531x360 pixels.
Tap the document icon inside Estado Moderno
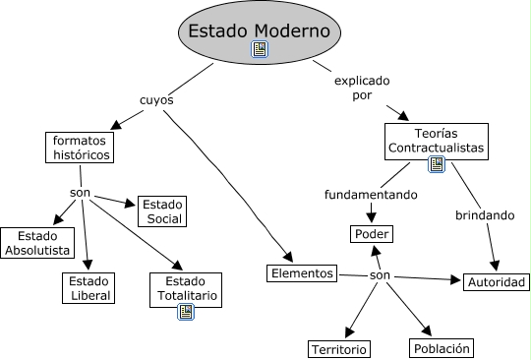click(x=260, y=49)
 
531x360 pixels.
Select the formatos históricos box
click(x=81, y=147)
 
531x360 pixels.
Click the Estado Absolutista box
click(x=36, y=243)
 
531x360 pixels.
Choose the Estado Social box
click(x=161, y=210)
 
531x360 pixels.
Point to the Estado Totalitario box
click(x=185, y=287)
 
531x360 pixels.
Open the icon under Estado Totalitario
click(x=185, y=312)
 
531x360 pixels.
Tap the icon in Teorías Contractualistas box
click(x=437, y=164)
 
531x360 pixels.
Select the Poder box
click(x=371, y=234)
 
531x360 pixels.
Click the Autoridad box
click(x=497, y=282)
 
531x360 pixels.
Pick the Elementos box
click(x=302, y=271)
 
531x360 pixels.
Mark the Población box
click(x=442, y=347)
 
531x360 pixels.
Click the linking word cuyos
click(x=157, y=100)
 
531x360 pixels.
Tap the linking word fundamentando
click(x=371, y=194)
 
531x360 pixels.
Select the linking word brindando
click(x=484, y=213)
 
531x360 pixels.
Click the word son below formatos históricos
click(x=81, y=191)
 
